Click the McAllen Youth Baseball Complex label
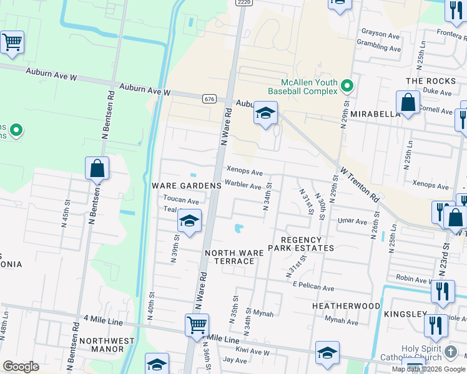coord(309,87)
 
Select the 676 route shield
coord(209,99)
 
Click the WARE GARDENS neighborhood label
coord(187,186)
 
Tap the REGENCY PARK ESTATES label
coord(302,244)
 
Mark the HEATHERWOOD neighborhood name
coord(346,306)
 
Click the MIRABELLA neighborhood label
coord(375,115)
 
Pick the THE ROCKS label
coord(431,81)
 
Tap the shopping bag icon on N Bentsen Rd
coord(97,168)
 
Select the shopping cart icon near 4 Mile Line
coord(197,324)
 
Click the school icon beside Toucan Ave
coord(190,221)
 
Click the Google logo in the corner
coord(21,367)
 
